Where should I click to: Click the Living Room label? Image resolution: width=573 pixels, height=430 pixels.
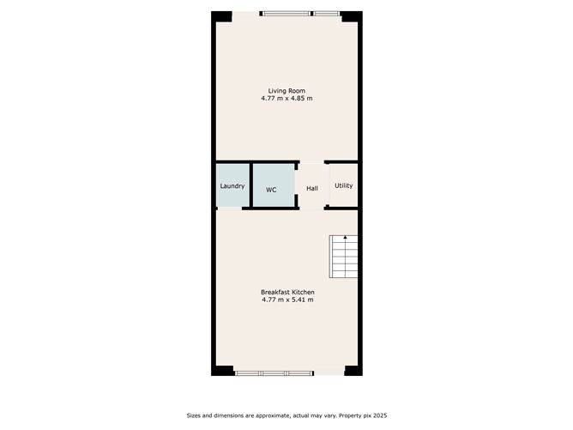(x=286, y=91)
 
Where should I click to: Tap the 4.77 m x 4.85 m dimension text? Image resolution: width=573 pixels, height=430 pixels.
(x=286, y=99)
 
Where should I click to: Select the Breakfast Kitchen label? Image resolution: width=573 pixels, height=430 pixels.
(x=287, y=292)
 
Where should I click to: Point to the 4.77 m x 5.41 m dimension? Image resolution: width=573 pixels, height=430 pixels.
(x=287, y=300)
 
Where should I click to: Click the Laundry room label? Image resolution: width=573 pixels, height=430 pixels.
(x=232, y=186)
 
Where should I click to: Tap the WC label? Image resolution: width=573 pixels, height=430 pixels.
(x=271, y=190)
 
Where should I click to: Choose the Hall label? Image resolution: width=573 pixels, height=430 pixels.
(x=312, y=188)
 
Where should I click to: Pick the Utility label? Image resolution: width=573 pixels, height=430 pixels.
(x=343, y=185)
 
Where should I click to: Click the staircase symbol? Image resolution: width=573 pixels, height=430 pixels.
(x=343, y=257)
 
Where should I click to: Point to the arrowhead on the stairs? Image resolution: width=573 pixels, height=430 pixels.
(x=346, y=237)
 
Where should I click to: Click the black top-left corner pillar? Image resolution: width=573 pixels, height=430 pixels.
(x=222, y=16)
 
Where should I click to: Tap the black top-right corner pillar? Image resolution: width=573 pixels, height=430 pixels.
(x=352, y=16)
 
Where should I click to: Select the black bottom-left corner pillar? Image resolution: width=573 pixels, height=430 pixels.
(x=222, y=371)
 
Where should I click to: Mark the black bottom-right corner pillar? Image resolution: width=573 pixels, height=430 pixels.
(x=353, y=371)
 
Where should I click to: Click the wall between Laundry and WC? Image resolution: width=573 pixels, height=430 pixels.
(x=251, y=185)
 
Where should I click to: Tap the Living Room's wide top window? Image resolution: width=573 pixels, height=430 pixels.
(x=286, y=14)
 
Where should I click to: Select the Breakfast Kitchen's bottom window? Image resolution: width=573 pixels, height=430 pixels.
(x=274, y=373)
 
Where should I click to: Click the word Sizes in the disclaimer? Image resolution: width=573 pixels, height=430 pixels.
(x=194, y=415)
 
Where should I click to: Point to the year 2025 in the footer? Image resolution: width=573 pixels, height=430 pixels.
(x=380, y=415)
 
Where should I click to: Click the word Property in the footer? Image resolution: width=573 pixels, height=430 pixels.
(x=351, y=415)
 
